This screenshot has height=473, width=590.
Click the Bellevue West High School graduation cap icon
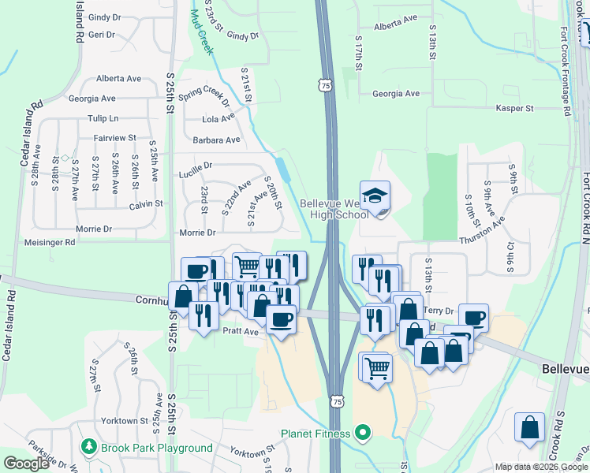[375, 195]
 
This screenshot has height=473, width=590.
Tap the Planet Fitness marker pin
[363, 432]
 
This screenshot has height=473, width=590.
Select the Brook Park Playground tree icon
[88, 447]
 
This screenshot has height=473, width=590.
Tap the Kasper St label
[514, 108]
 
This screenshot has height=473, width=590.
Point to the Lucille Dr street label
[196, 166]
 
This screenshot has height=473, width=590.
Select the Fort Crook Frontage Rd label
[566, 72]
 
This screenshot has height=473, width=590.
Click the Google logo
[26, 464]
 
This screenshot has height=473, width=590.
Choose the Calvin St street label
[146, 203]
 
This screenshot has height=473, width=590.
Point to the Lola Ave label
[218, 119]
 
